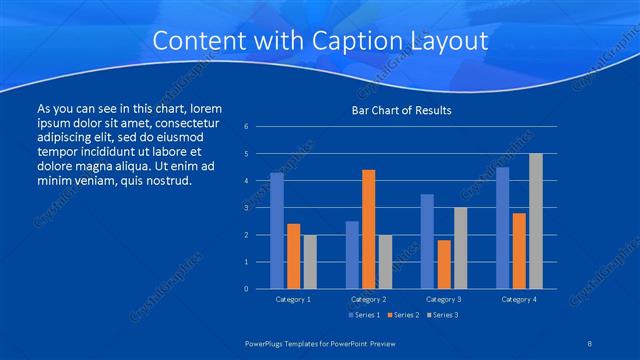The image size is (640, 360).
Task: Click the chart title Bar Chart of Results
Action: (x=401, y=110)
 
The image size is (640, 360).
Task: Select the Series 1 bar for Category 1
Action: (x=277, y=231)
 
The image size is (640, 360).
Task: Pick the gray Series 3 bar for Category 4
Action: (x=535, y=221)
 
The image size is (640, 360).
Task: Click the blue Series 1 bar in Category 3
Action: (x=427, y=241)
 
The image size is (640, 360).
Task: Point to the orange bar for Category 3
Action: (x=444, y=264)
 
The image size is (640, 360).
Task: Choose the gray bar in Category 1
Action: (x=310, y=262)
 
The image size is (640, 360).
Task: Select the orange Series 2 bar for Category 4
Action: (x=519, y=251)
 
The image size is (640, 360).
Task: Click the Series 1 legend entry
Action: (x=363, y=315)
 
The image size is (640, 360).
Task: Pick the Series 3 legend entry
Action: (x=442, y=315)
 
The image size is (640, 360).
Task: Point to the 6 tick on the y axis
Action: (x=246, y=127)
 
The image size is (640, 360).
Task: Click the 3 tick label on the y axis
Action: (x=246, y=208)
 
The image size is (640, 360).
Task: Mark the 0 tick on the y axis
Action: (x=246, y=289)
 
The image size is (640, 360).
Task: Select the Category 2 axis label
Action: (x=368, y=299)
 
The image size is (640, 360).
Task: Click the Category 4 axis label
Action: (x=518, y=299)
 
